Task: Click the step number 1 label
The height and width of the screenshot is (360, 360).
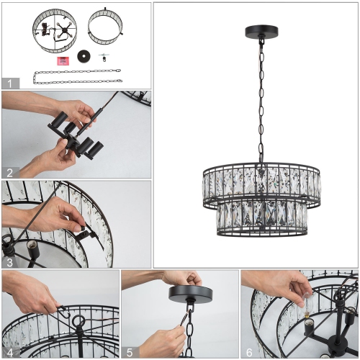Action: point(9,83)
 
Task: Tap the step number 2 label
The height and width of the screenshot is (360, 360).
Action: point(9,172)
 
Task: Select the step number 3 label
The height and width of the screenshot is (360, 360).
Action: point(9,262)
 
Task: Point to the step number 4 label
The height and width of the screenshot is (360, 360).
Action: point(9,352)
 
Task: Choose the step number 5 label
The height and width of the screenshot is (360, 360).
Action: point(130,352)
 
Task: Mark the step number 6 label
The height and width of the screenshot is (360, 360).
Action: point(249,352)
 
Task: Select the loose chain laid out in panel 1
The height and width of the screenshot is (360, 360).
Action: point(76,76)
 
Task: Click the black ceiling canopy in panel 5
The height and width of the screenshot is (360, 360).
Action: point(190,294)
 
